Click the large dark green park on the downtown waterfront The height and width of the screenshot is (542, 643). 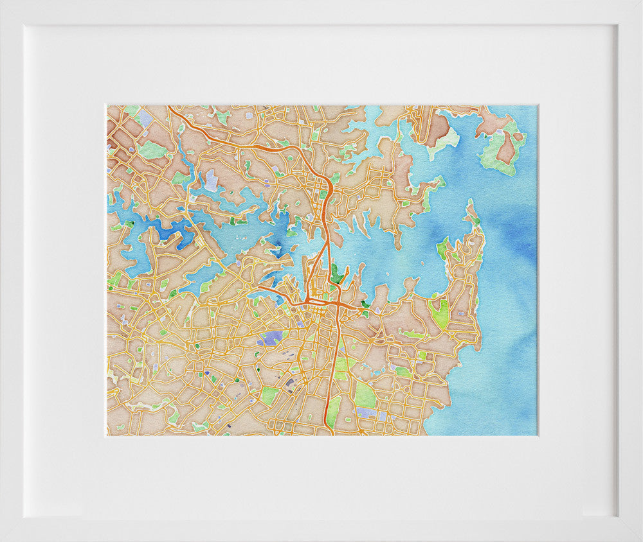(337, 272)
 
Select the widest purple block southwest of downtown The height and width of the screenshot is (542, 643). (273, 337)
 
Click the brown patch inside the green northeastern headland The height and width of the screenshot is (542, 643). (506, 149)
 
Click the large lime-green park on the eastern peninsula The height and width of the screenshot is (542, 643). (440, 313)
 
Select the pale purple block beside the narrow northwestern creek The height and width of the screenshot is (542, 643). (211, 180)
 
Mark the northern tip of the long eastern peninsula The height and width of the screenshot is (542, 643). (471, 204)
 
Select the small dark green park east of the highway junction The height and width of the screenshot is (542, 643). (365, 304)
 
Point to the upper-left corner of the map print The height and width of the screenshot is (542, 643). (107, 106)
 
